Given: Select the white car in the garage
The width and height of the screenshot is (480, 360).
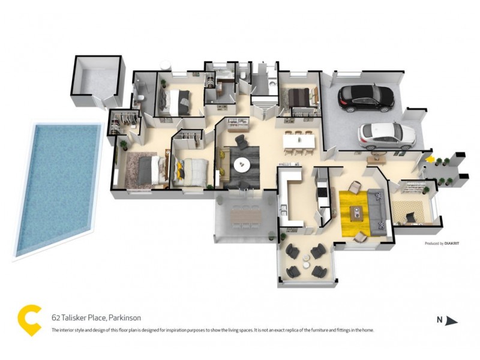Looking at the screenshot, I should point(387,135).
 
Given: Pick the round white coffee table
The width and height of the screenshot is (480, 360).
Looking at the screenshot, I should point(243,165).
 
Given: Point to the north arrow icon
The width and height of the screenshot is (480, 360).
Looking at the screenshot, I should point(451,321).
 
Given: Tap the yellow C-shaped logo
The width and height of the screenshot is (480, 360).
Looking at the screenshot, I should point(29,320).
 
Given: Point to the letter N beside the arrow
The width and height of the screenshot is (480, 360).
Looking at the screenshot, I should point(439,320).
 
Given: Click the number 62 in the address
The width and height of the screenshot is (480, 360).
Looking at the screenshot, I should point(55,317).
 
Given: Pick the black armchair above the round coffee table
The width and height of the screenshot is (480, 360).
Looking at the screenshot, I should point(241,143).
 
